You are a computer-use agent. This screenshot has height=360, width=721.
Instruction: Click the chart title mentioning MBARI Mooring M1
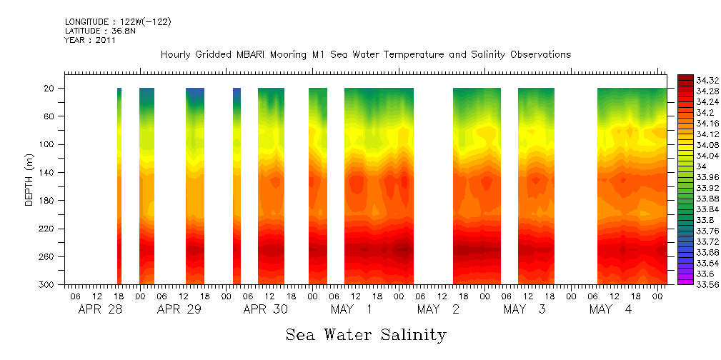[x=366, y=55]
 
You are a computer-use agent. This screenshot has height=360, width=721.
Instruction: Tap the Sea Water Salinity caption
[x=366, y=334]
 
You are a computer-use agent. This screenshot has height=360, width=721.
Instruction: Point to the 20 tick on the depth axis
[x=51, y=88]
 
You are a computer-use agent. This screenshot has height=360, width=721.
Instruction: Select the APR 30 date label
[x=265, y=310]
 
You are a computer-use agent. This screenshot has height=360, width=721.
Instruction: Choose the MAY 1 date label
[x=350, y=310]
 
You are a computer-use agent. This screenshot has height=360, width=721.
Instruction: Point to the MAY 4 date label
[x=610, y=310]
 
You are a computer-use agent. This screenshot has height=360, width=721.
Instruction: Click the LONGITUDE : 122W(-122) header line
[x=118, y=22]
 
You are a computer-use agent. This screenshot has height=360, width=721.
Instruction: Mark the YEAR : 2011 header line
[x=90, y=41]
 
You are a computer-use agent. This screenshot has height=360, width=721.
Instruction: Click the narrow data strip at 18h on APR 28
[x=119, y=186]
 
